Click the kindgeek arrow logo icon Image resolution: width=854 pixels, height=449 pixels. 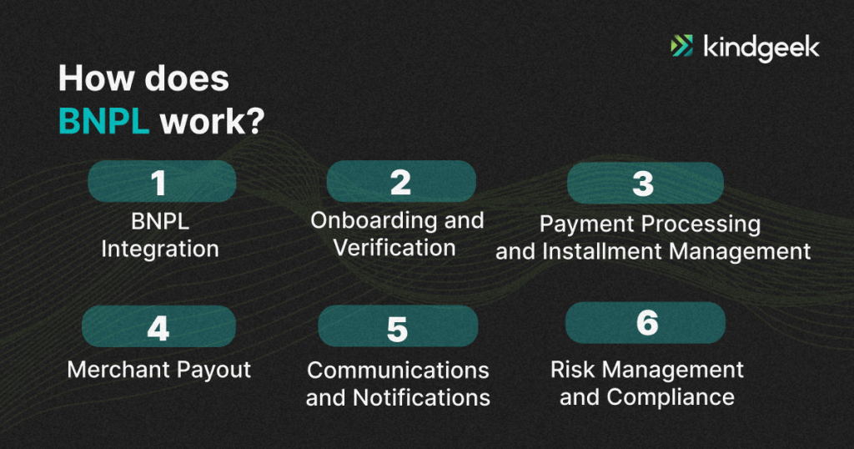pyautogui.click(x=681, y=46)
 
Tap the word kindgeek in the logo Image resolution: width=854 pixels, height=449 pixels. pyautogui.click(x=761, y=48)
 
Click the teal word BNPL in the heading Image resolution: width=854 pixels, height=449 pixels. pyautogui.click(x=103, y=121)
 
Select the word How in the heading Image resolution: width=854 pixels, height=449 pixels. pyautogui.click(x=96, y=78)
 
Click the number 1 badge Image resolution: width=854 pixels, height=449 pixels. pyautogui.click(x=162, y=181)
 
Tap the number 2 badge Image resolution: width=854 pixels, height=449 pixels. pyautogui.click(x=401, y=181)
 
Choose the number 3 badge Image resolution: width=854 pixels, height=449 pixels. pyautogui.click(x=645, y=183)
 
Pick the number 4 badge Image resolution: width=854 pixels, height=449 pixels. pyautogui.click(x=158, y=326)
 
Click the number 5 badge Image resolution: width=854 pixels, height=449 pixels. pyautogui.click(x=398, y=326)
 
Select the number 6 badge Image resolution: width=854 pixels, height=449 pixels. pyautogui.click(x=646, y=323)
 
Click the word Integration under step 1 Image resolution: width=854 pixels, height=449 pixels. pyautogui.click(x=160, y=250)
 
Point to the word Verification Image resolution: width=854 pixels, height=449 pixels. pyautogui.click(x=394, y=249)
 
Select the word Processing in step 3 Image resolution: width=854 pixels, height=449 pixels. pyautogui.click(x=701, y=224)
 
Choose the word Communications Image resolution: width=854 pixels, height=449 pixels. pyautogui.click(x=398, y=371)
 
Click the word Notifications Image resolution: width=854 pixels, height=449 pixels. pyautogui.click(x=421, y=398)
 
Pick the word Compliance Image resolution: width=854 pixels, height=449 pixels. pyautogui.click(x=671, y=398)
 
